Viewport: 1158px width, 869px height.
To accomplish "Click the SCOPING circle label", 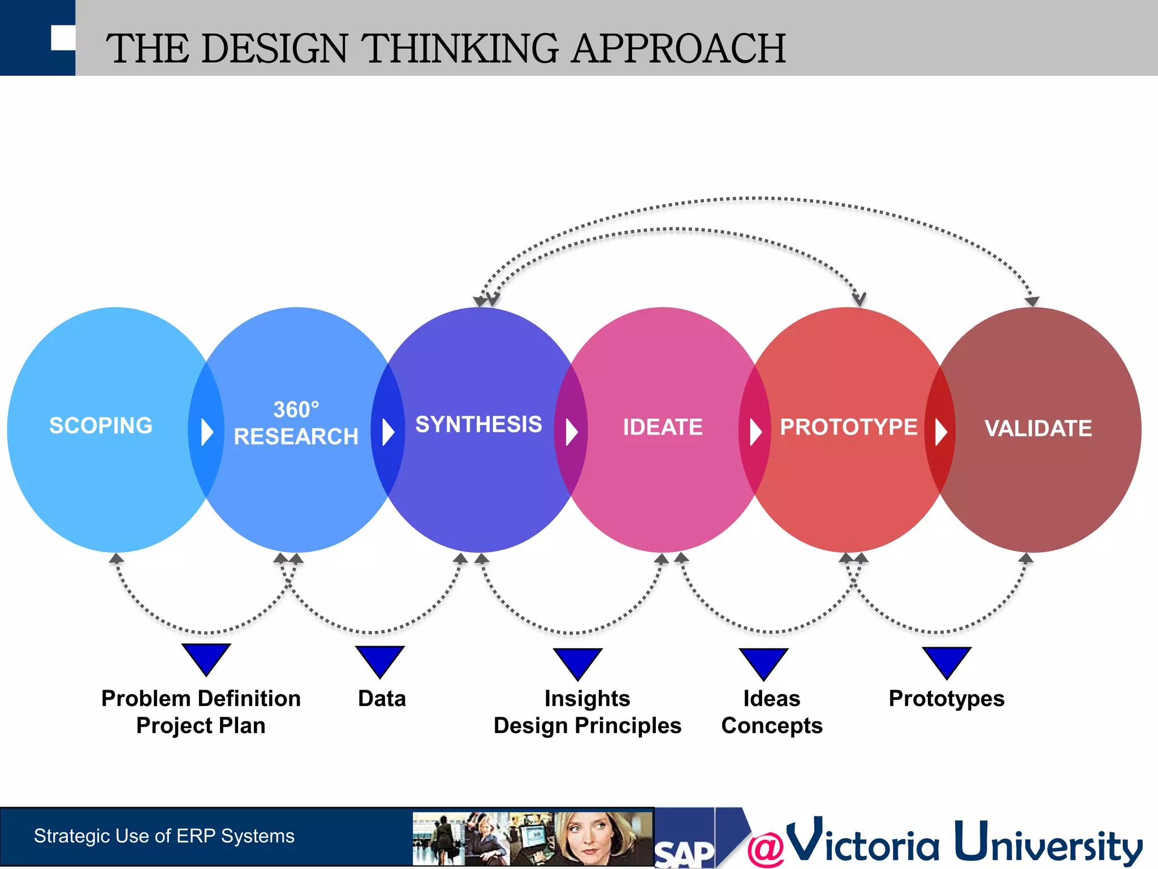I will click(x=101, y=425).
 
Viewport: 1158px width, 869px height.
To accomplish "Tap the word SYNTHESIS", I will click(x=478, y=424).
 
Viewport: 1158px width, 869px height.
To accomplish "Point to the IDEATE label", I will click(x=663, y=427).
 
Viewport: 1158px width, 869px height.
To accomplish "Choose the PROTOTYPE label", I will click(x=848, y=427).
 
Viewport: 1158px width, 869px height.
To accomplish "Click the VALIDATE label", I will click(x=1038, y=428).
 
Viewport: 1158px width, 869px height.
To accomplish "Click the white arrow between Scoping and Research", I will click(x=207, y=432).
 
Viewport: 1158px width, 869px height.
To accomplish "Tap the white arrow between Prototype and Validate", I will click(x=941, y=432).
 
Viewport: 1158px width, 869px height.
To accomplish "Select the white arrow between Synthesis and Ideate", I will click(x=572, y=432).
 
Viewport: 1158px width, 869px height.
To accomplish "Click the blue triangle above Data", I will click(x=380, y=660).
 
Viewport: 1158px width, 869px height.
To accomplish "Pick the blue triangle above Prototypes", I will click(x=947, y=661).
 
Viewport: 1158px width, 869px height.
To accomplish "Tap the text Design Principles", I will click(x=587, y=726).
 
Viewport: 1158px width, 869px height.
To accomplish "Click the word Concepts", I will click(x=772, y=726).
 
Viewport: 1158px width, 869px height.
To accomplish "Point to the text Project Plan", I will click(x=201, y=726).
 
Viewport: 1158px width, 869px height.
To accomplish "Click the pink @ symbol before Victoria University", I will click(x=766, y=849).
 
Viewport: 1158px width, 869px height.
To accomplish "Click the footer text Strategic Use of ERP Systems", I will click(x=164, y=836).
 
